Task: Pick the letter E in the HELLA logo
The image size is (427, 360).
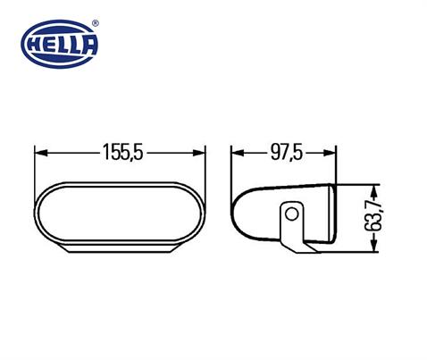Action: click(x=53, y=46)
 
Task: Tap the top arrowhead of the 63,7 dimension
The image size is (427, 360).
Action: click(x=378, y=189)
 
